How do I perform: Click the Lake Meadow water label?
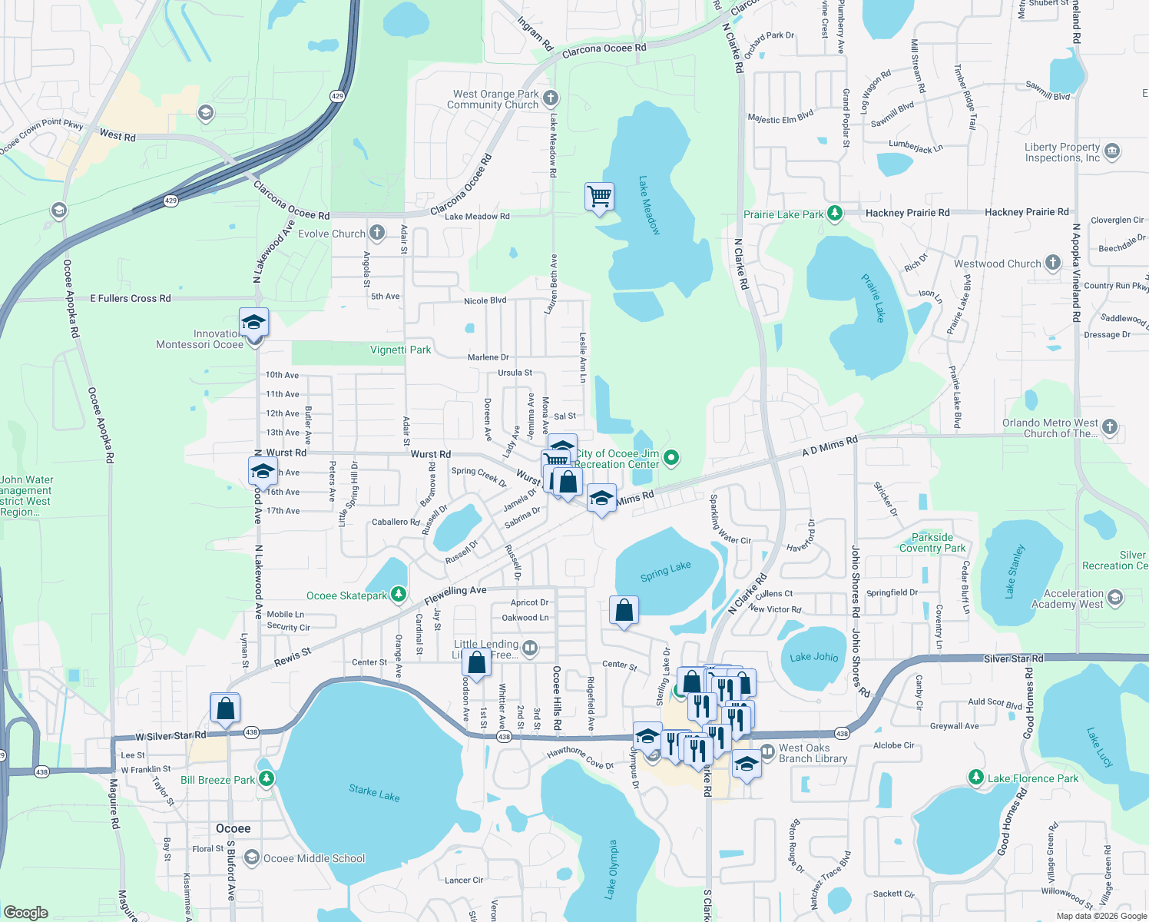(649, 206)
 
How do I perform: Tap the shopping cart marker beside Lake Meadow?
(599, 197)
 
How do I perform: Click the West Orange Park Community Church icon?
(550, 98)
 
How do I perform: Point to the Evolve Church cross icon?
(376, 233)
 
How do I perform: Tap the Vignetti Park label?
(400, 350)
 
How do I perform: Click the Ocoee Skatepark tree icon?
(398, 595)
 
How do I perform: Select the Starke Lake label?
(374, 793)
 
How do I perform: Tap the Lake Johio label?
(814, 657)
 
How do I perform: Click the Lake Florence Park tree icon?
(975, 778)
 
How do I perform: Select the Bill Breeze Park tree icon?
(266, 779)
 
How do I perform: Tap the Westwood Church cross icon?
(1052, 263)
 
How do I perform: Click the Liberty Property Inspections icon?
(1113, 151)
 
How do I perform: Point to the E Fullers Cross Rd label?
(131, 298)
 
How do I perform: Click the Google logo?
(25, 912)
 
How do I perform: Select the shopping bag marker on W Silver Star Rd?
(225, 708)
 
